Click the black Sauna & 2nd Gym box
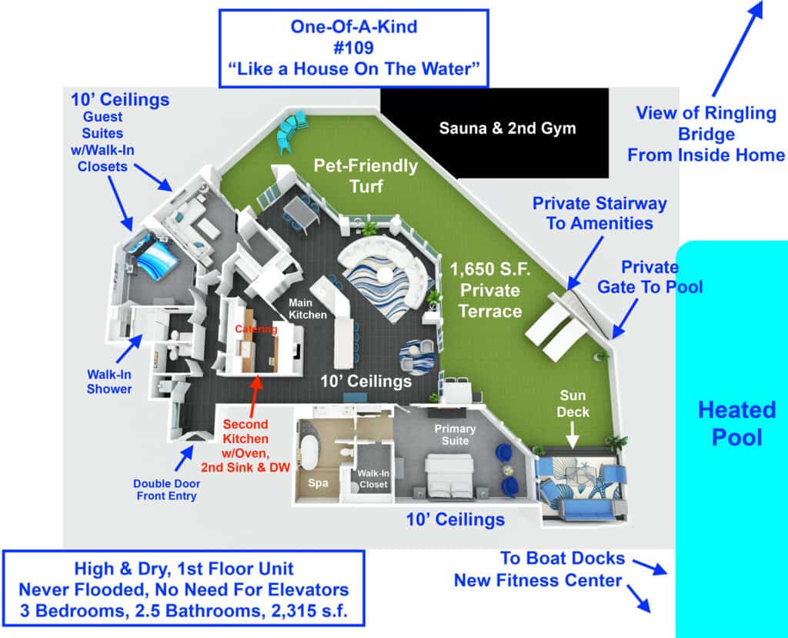click(495, 132)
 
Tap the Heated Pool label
click(736, 423)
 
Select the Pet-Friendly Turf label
click(366, 176)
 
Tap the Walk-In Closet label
click(373, 479)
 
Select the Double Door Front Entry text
click(166, 489)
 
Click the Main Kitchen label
click(308, 309)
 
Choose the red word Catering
click(255, 329)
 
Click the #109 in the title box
click(353, 48)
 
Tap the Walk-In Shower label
click(109, 382)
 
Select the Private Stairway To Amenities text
click(599, 213)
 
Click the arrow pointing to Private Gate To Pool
click(625, 319)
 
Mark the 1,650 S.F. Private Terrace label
click(490, 290)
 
